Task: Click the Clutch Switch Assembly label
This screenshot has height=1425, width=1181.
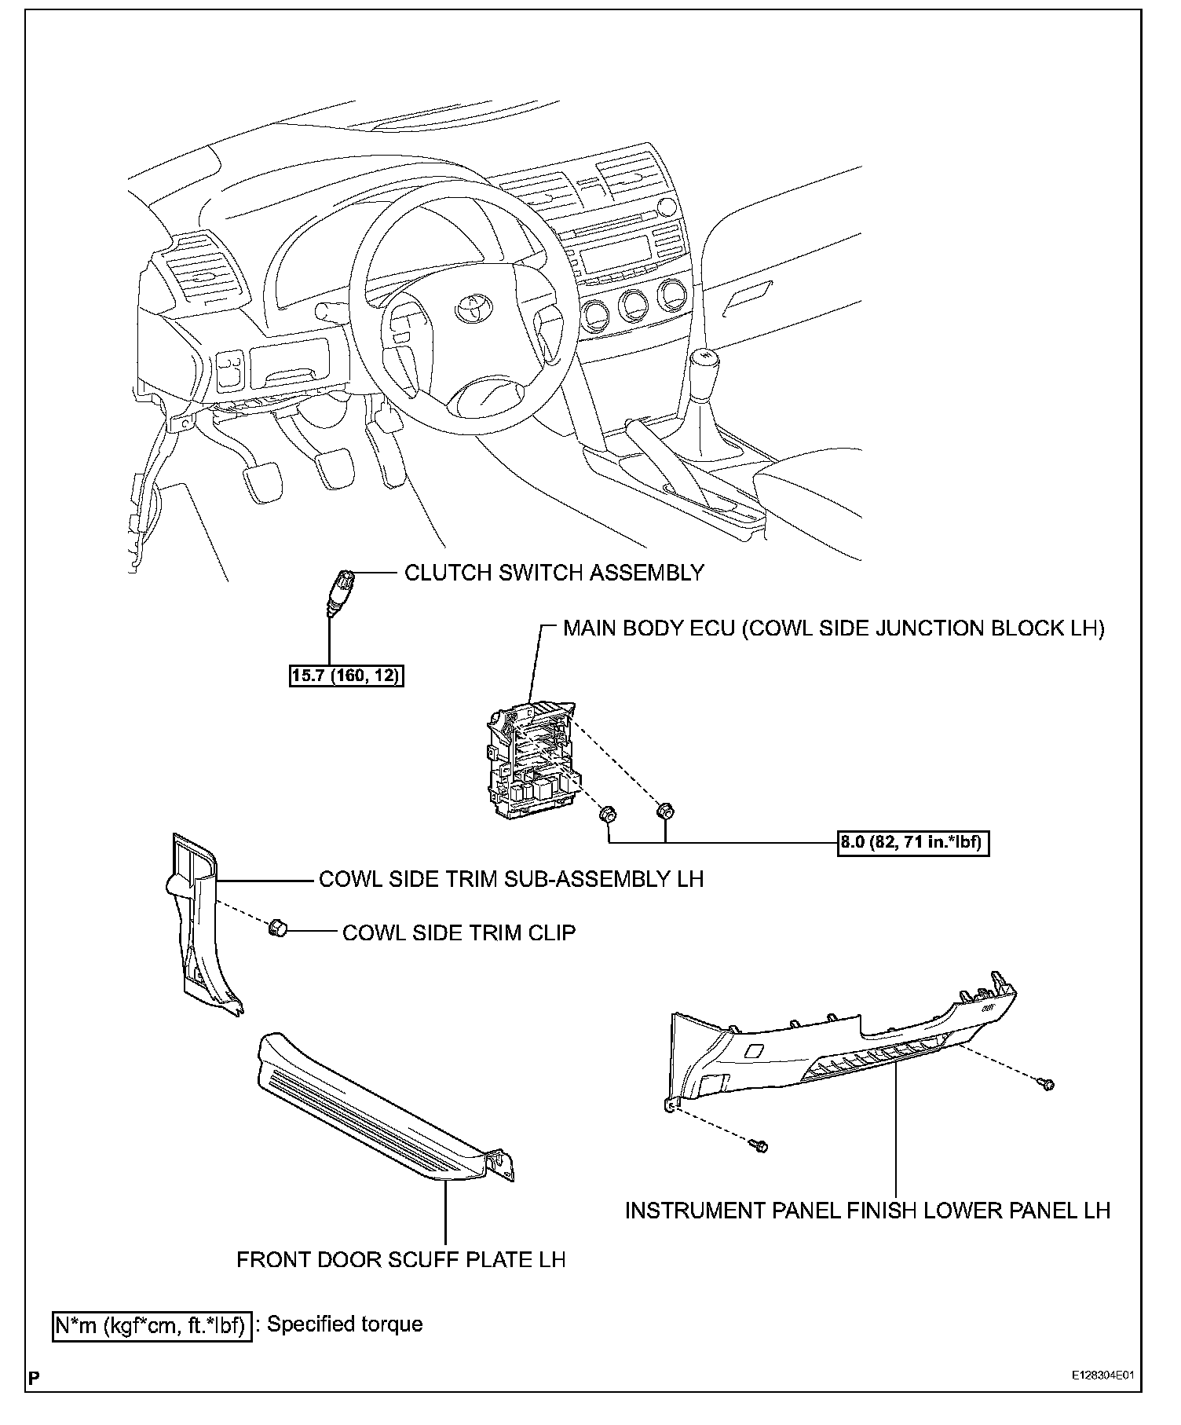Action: click(x=554, y=573)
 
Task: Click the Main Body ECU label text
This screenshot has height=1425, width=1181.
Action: click(x=833, y=628)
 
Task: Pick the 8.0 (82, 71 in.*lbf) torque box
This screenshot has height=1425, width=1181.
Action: click(x=913, y=843)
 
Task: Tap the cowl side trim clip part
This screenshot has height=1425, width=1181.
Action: click(x=277, y=929)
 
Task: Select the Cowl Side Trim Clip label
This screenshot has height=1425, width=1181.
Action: click(x=459, y=932)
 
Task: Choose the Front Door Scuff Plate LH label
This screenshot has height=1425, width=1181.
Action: click(x=400, y=1259)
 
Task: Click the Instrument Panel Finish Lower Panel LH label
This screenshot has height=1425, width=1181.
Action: click(x=867, y=1210)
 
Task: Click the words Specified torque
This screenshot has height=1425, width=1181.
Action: click(x=345, y=1324)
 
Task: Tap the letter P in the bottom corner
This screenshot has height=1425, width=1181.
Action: click(x=33, y=1377)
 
